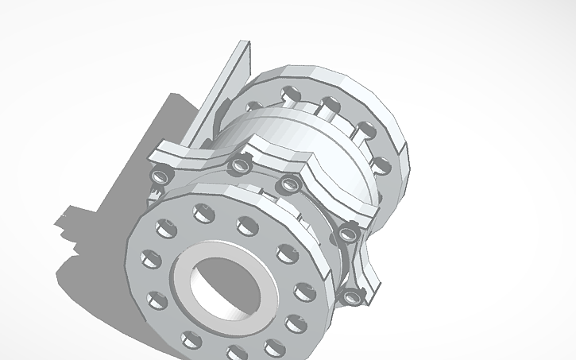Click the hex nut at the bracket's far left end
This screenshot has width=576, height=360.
coord(160,174)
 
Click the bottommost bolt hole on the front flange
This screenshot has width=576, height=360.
coord(236,350)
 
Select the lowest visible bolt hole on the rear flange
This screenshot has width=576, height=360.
coord(381,166)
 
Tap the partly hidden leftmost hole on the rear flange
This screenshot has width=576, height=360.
coord(255,105)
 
